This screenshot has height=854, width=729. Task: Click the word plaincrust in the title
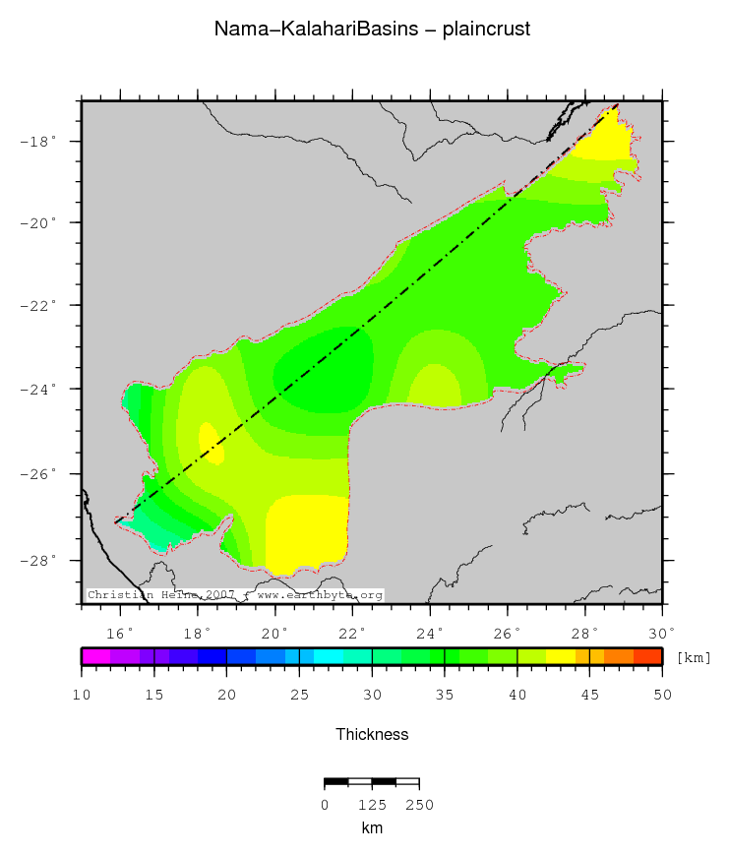[x=486, y=30]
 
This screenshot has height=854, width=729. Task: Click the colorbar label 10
[x=82, y=696]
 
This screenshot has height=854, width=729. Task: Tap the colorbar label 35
[x=445, y=696]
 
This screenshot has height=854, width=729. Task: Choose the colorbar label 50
[x=662, y=696]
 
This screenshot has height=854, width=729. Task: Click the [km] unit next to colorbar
[x=694, y=657]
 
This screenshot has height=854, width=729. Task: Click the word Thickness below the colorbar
[x=372, y=734]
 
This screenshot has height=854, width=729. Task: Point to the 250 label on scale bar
[x=419, y=805]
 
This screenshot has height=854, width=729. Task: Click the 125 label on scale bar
[x=372, y=805]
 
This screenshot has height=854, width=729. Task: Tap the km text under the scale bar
[x=372, y=828]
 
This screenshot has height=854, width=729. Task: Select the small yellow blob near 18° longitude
[x=212, y=444]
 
